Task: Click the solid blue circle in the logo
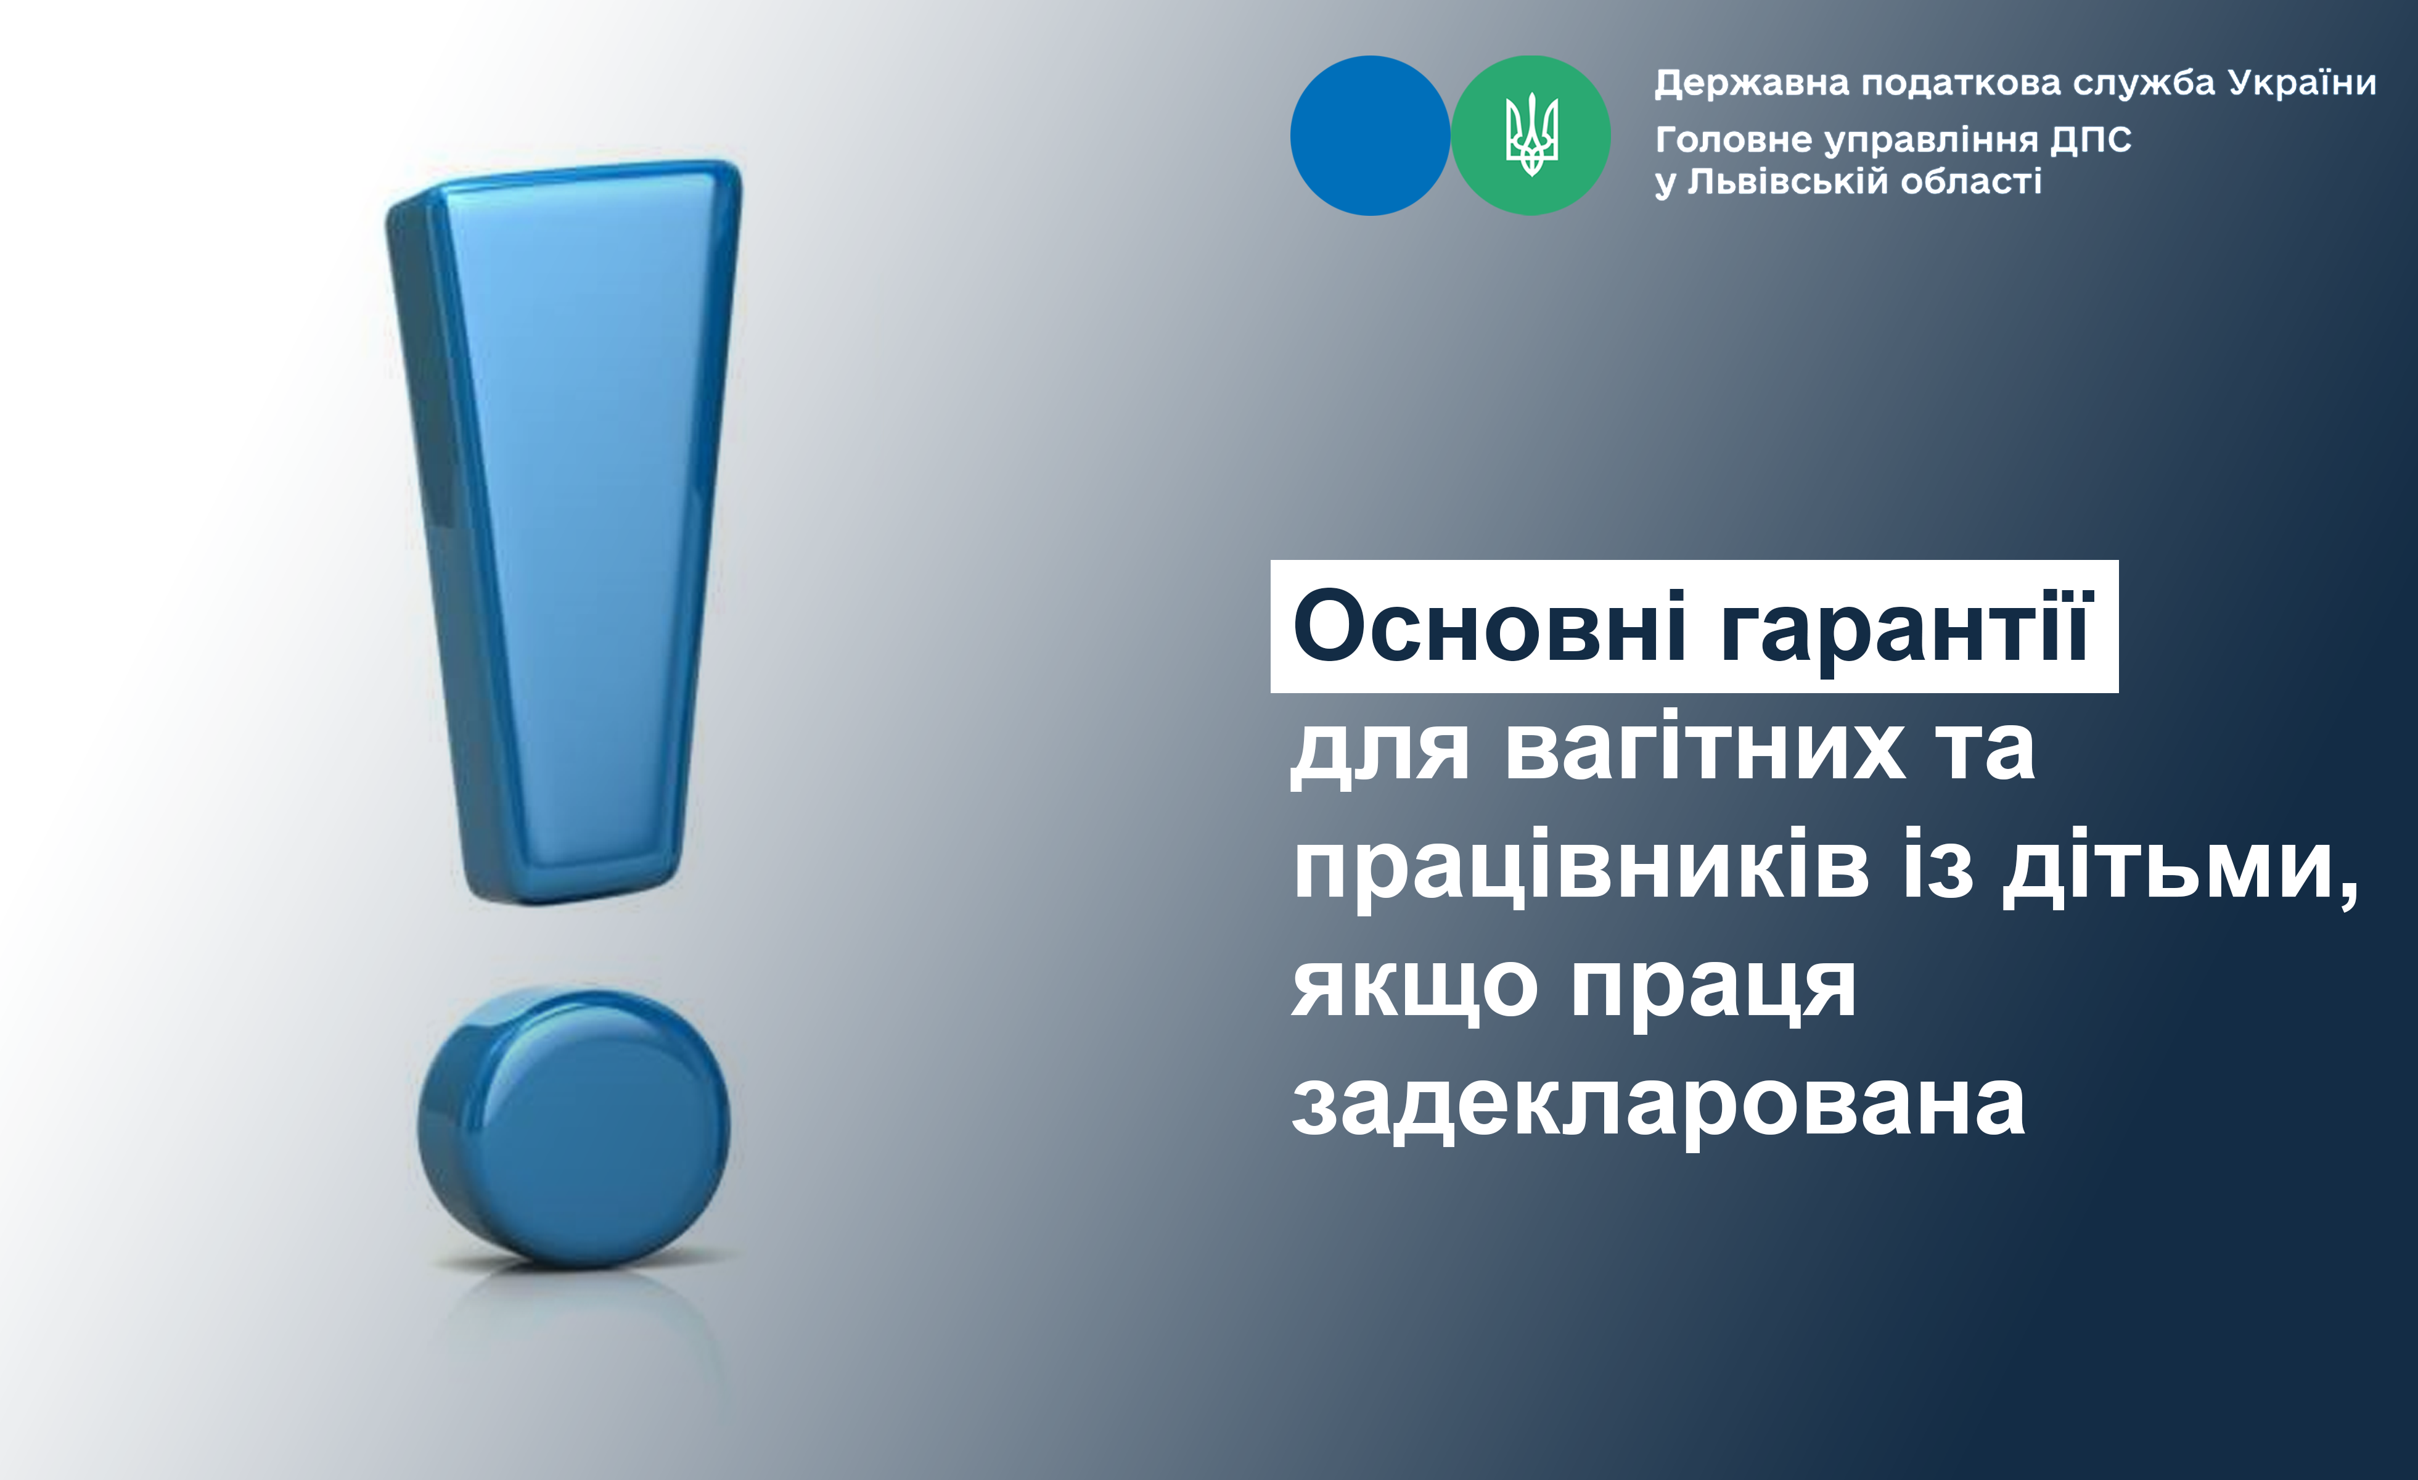[x=1370, y=136]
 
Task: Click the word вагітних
[x=1705, y=749]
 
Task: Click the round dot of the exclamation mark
[x=574, y=1127]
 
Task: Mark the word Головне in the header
[x=1734, y=141]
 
